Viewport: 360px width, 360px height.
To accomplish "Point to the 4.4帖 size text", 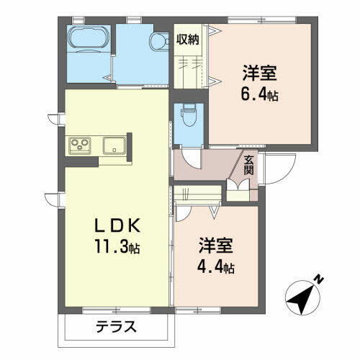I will [x=217, y=268].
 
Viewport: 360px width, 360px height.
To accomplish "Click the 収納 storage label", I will [x=189, y=39].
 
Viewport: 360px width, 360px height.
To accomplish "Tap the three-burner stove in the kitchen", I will [x=79, y=146].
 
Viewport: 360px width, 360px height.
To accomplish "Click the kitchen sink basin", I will [x=114, y=146].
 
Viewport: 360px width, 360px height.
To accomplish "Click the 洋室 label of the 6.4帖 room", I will [x=261, y=73].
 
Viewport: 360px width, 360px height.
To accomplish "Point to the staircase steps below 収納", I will [x=190, y=68].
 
